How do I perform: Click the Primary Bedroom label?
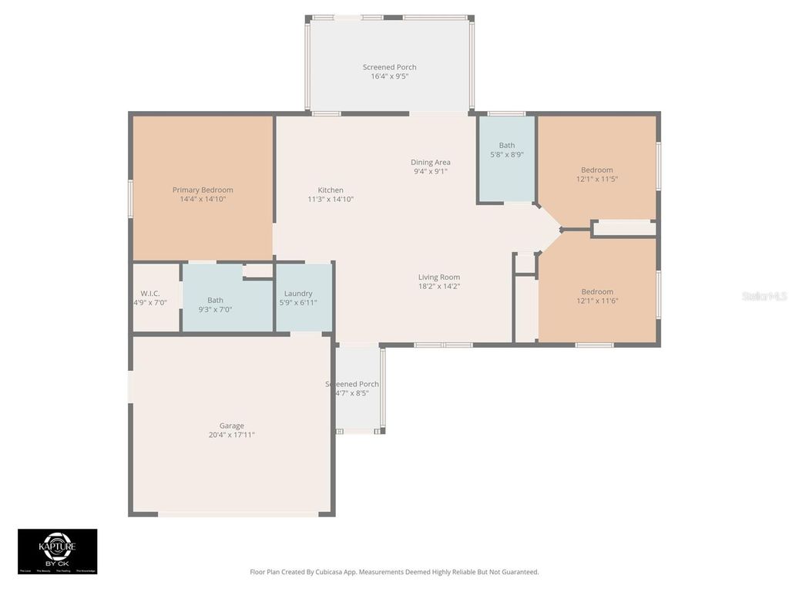click(x=203, y=190)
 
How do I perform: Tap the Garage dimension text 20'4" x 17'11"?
click(x=231, y=435)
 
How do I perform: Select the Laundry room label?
click(x=298, y=294)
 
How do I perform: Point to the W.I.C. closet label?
click(x=150, y=294)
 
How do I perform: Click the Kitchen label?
click(x=331, y=190)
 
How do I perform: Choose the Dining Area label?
click(x=431, y=162)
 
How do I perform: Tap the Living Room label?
click(x=439, y=277)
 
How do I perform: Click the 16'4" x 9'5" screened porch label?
click(x=390, y=76)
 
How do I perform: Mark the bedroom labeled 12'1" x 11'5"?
click(x=597, y=174)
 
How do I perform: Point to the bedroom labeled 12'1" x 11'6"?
click(x=597, y=296)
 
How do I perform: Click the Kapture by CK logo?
click(x=58, y=550)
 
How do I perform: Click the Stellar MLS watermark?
click(x=764, y=296)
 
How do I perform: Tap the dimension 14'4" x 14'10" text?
click(x=203, y=199)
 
